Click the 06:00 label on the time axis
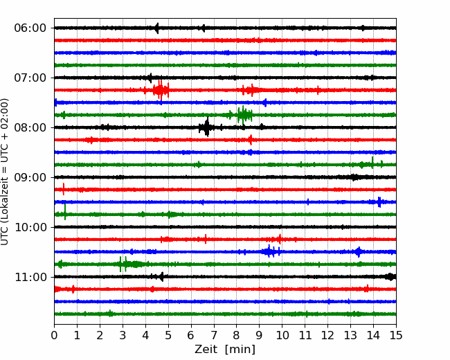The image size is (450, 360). (30, 28)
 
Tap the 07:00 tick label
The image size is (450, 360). (30, 78)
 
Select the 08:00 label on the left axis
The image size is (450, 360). (30, 128)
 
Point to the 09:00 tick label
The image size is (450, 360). (30, 177)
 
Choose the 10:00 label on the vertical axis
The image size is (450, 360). (30, 227)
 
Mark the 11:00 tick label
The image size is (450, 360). (30, 278)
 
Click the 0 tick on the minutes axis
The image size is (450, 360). (54, 335)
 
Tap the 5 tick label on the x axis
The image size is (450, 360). (168, 335)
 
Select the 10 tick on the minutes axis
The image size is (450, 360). (282, 335)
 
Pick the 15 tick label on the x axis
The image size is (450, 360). (396, 335)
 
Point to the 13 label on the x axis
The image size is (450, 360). (350, 335)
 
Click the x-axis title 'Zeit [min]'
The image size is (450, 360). (225, 350)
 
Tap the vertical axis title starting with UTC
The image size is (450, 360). (5, 172)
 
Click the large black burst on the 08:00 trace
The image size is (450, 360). (206, 127)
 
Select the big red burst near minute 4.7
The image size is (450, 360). (161, 90)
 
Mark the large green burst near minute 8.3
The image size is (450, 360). (244, 115)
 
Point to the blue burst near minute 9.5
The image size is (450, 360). (270, 251)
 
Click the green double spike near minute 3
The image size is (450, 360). (123, 264)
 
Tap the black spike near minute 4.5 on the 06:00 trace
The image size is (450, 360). (156, 28)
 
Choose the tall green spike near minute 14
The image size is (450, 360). (372, 163)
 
